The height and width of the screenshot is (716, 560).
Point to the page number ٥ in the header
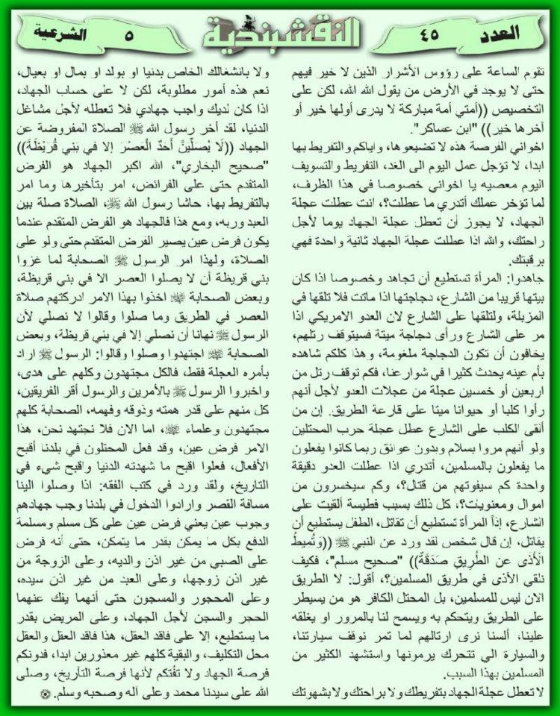pyautogui.click(x=129, y=33)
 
